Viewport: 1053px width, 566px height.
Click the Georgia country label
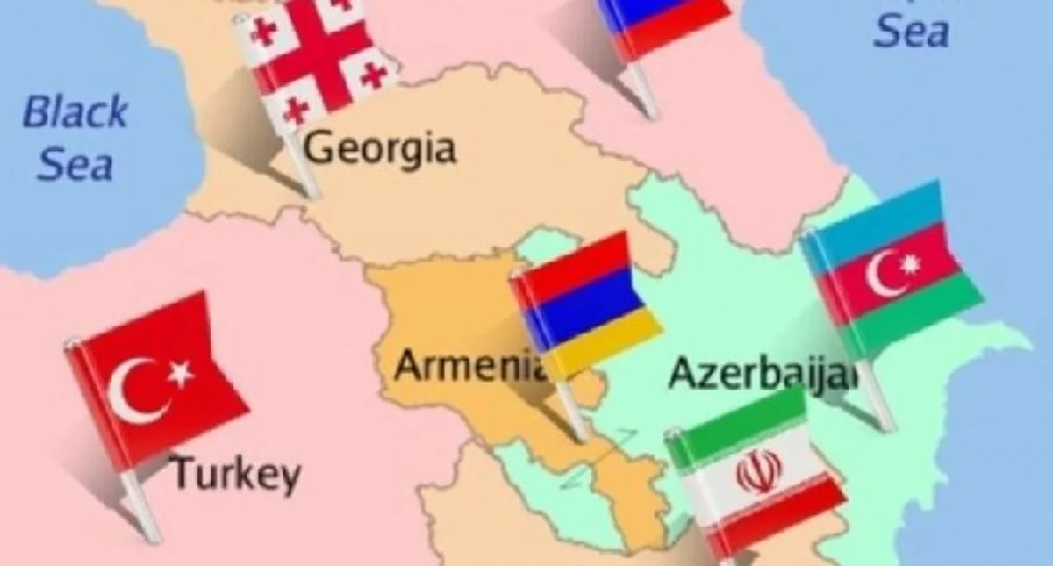point(379,149)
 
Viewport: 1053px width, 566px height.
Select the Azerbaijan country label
point(762,375)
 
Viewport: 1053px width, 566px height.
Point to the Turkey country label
point(234,474)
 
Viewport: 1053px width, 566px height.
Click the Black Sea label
point(75,138)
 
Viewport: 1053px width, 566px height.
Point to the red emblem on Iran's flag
point(758,475)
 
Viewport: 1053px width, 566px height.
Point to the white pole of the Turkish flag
point(141,504)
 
